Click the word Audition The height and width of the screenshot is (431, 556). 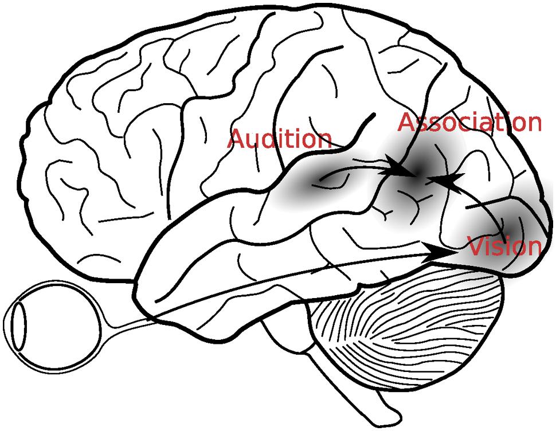(280, 139)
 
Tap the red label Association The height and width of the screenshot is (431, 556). (469, 122)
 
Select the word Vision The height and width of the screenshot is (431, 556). (504, 246)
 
